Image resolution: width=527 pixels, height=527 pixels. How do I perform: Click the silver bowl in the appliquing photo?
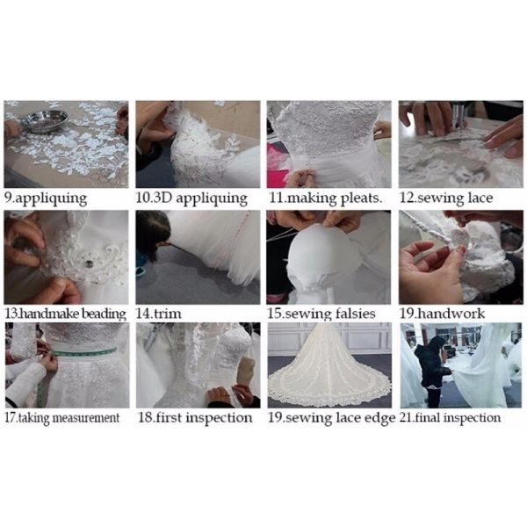pyautogui.click(x=45, y=120)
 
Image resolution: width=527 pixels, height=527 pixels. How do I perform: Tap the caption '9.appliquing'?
pyautogui.click(x=46, y=199)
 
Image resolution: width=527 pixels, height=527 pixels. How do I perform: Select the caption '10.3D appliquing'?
pyautogui.click(x=191, y=199)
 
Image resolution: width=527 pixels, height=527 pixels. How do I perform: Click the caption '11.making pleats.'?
pyautogui.click(x=326, y=199)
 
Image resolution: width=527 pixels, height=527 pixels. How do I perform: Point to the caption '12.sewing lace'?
pyautogui.click(x=446, y=198)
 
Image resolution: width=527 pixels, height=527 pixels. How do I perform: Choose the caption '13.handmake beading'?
pyautogui.click(x=66, y=314)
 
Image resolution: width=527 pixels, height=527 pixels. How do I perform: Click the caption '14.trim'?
pyautogui.click(x=159, y=314)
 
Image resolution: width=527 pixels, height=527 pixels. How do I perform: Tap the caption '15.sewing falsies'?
pyautogui.click(x=321, y=314)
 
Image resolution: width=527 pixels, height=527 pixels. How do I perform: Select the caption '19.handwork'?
pyautogui.click(x=443, y=314)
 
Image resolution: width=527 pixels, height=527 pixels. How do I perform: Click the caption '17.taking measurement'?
pyautogui.click(x=62, y=418)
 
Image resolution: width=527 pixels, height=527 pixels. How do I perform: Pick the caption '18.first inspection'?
pyautogui.click(x=195, y=418)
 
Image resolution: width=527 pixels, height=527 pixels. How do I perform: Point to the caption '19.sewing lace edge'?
pyautogui.click(x=331, y=418)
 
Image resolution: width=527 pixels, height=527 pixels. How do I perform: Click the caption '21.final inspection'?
pyautogui.click(x=450, y=418)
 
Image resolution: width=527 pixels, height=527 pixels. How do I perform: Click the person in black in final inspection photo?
pyautogui.click(x=431, y=371)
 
